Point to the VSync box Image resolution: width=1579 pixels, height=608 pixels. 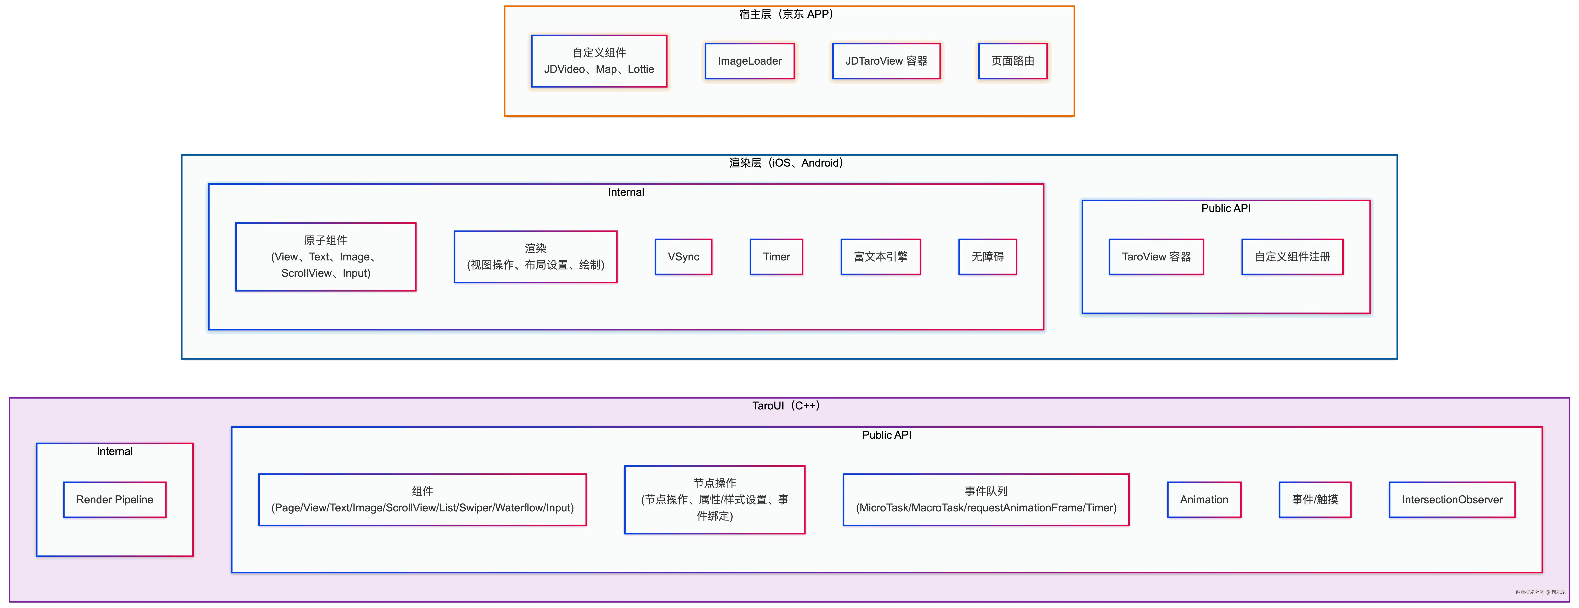[683, 257]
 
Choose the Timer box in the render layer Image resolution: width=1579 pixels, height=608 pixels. [776, 257]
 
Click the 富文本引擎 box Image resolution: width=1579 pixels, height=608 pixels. [881, 257]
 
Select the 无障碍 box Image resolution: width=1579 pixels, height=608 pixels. [987, 257]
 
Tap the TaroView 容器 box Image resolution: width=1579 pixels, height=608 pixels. [1156, 257]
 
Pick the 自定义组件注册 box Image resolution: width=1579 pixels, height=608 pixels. [1292, 257]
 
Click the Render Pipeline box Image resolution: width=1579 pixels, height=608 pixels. [115, 499]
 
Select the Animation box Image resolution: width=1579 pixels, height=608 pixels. [1204, 499]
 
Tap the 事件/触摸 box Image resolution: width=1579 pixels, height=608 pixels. [1315, 499]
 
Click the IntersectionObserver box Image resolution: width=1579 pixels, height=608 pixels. [1452, 499]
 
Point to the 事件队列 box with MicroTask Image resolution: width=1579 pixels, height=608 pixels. [986, 499]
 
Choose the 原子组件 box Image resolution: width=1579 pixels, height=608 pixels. [326, 257]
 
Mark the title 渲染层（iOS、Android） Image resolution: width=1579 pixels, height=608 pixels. [786, 163]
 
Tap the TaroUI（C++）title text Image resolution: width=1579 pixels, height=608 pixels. [786, 405]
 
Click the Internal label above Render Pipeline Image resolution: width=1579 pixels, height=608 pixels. [115, 451]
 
